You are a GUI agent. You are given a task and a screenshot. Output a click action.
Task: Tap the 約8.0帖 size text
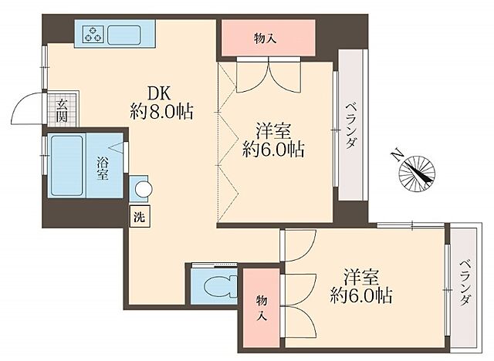coord(161,111)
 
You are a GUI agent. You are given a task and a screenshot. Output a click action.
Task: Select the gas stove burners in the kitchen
coord(93,34)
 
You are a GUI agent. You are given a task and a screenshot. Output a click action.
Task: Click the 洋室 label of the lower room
coord(361,275)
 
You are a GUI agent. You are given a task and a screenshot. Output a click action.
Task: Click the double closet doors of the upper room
coord(265,76)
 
